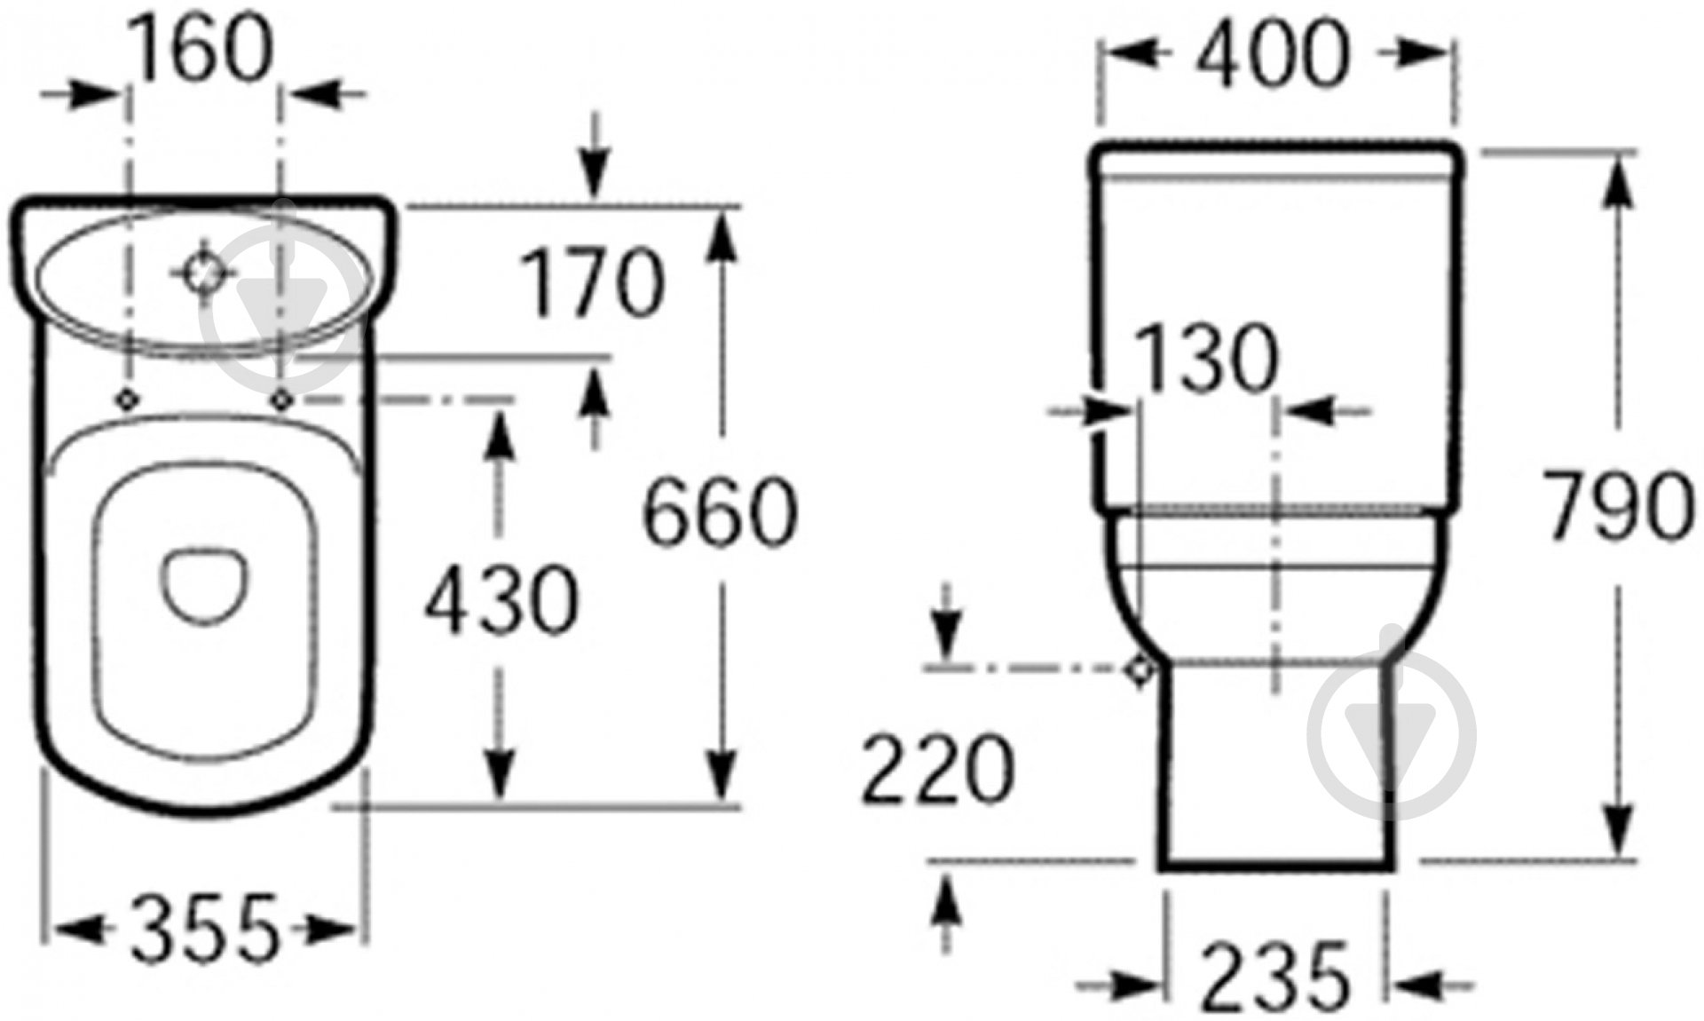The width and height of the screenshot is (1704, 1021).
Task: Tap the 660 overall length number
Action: pyautogui.click(x=720, y=512)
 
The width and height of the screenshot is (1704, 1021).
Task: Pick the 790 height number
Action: pyautogui.click(x=1618, y=507)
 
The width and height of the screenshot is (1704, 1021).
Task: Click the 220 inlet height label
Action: pyautogui.click(x=937, y=769)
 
